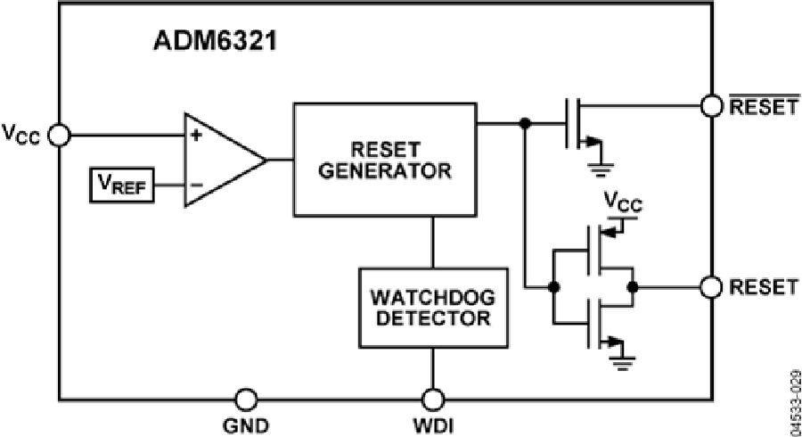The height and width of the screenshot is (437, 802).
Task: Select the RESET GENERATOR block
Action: [x=386, y=159]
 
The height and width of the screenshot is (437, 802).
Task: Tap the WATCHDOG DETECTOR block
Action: [x=433, y=307]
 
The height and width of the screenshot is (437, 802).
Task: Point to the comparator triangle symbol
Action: [x=223, y=160]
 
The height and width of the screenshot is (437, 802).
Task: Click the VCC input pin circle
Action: [x=59, y=135]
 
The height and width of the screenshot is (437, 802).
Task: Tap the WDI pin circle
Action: [x=433, y=399]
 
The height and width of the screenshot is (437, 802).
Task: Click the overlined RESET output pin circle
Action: [x=712, y=106]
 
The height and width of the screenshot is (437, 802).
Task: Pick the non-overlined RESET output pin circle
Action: [x=712, y=287]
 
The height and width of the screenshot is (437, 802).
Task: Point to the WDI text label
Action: [x=433, y=425]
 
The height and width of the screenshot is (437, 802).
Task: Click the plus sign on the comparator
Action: [x=193, y=136]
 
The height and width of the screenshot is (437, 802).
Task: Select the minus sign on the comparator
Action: [x=193, y=186]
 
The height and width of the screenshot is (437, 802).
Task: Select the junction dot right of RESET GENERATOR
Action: [x=526, y=123]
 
